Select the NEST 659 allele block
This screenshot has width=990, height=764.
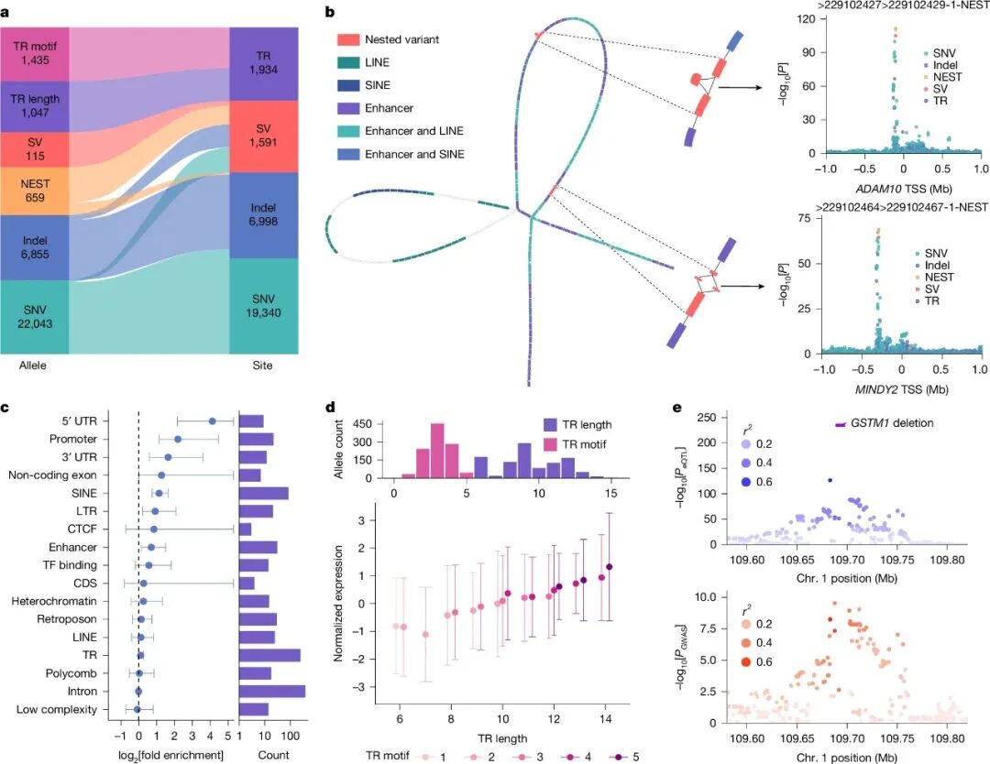coord(35,190)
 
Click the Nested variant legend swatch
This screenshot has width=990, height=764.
coord(345,40)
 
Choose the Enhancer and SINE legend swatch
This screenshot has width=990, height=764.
coord(345,154)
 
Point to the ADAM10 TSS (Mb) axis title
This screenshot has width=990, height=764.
coord(904,189)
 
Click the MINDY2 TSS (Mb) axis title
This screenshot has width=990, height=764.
coord(904,388)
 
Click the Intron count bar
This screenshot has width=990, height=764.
coord(271,691)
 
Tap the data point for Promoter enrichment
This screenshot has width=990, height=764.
coord(178,440)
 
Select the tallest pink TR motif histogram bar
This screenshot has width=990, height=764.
coord(437,450)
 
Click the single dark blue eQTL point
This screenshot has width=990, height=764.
coord(830,480)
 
